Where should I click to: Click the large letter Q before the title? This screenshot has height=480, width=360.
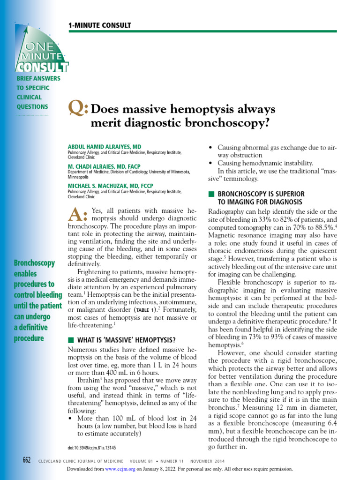tap(78, 109)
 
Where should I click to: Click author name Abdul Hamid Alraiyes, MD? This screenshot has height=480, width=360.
tap(105, 147)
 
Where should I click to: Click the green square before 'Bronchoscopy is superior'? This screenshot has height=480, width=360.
tap(211, 194)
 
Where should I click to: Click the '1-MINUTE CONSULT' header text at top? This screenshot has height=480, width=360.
tap(100, 25)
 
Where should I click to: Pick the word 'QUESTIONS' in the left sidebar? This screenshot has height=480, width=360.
tap(30, 107)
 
